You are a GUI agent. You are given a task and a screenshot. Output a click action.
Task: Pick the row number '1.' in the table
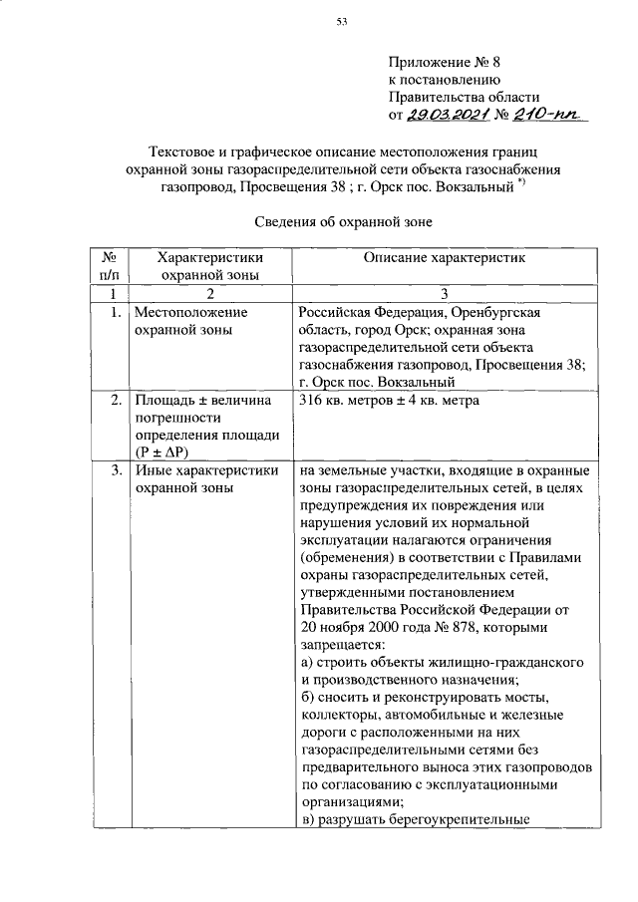(117, 312)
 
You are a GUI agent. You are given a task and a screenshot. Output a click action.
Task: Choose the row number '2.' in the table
(117, 401)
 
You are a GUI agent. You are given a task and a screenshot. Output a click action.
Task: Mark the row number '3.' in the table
(117, 470)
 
